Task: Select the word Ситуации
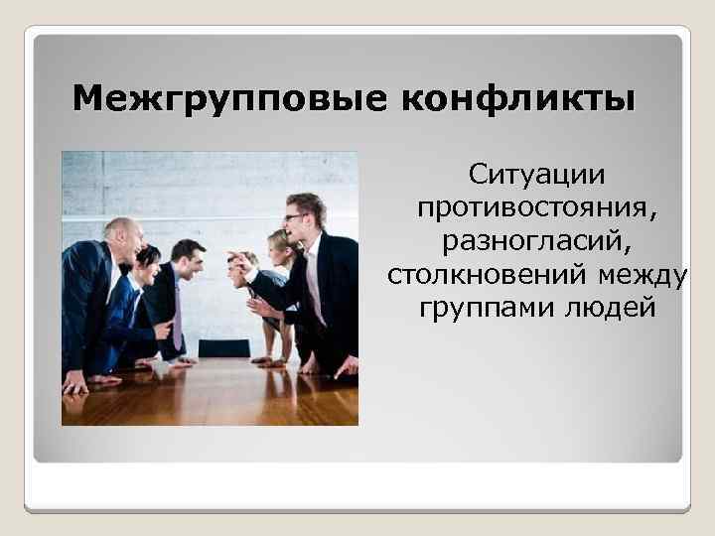536,178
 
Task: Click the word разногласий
536,242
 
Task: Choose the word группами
478,308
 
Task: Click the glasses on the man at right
295,217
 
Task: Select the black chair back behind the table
223,348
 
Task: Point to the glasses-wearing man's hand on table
345,367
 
